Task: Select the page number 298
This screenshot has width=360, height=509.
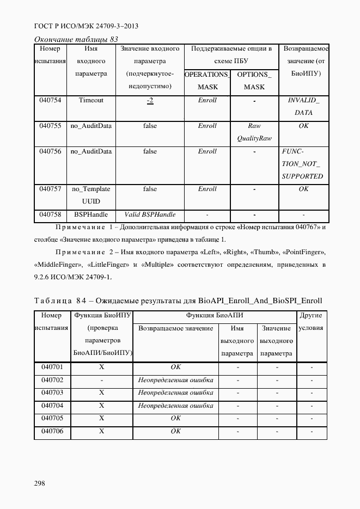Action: [x=40, y=483]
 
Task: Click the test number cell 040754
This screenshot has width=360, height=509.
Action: [x=50, y=100]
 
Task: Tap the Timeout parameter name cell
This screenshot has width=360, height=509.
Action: [x=91, y=100]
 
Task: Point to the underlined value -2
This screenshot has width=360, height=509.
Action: [x=150, y=101]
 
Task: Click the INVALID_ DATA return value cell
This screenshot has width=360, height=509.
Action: [x=303, y=107]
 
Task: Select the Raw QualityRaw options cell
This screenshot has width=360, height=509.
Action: [x=254, y=132]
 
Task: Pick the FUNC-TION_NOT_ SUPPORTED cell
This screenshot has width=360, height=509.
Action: [x=303, y=164]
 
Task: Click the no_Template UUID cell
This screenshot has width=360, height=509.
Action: [x=91, y=195]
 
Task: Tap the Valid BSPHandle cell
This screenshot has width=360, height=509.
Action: [x=150, y=214]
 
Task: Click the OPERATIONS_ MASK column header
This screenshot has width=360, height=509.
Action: [x=207, y=81]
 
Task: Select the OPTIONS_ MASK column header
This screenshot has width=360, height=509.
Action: [x=254, y=81]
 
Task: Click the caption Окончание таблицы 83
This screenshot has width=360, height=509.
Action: [x=76, y=39]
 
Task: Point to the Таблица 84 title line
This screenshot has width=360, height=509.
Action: [x=178, y=301]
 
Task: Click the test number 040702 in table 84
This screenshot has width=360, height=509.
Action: [x=52, y=380]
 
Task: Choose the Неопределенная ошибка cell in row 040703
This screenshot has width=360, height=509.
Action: [x=175, y=393]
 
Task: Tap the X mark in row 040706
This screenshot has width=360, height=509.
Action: [x=102, y=431]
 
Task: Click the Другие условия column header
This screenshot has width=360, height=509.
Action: [x=312, y=322]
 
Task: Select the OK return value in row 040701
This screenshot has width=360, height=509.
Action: [x=175, y=367]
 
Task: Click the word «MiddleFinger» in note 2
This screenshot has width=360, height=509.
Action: [x=56, y=265]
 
